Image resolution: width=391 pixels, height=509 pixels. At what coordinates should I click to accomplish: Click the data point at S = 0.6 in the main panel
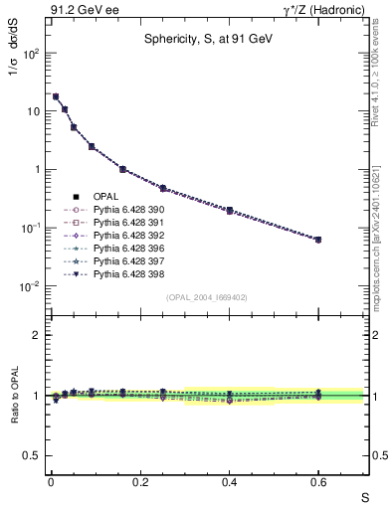tap(318, 240)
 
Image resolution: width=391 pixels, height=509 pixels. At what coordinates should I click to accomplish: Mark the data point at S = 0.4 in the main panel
tap(229, 211)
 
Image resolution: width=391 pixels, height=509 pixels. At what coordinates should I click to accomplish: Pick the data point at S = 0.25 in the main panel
tap(162, 188)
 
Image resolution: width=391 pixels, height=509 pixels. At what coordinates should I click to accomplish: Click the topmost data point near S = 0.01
tap(56, 96)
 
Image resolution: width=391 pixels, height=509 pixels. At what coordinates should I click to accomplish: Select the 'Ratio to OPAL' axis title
tap(15, 396)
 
